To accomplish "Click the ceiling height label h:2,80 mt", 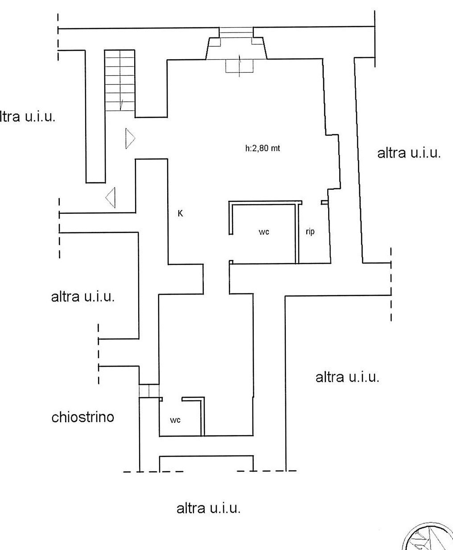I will pos(263,149).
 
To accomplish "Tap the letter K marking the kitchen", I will pos(180,214).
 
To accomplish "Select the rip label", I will pos(310,232).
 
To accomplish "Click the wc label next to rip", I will pos(264,232).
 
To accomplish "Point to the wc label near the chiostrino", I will pos(175,420).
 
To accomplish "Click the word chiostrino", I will pos(83,417).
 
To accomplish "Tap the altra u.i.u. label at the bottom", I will pos(209,508).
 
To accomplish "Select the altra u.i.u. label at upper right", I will pos(409,153).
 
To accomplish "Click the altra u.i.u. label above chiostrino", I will pos(83,297).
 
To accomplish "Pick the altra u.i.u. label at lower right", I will pos(347,377).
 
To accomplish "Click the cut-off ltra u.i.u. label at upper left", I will pos(28,117).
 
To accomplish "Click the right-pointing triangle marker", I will pos(130,139).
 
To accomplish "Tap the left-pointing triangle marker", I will pos(111,197).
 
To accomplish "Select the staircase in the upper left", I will pos(119,80).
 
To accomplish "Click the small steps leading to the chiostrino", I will pos(149,390).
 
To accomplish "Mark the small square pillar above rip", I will pos(324,203).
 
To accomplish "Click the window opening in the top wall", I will pos(236,33).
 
